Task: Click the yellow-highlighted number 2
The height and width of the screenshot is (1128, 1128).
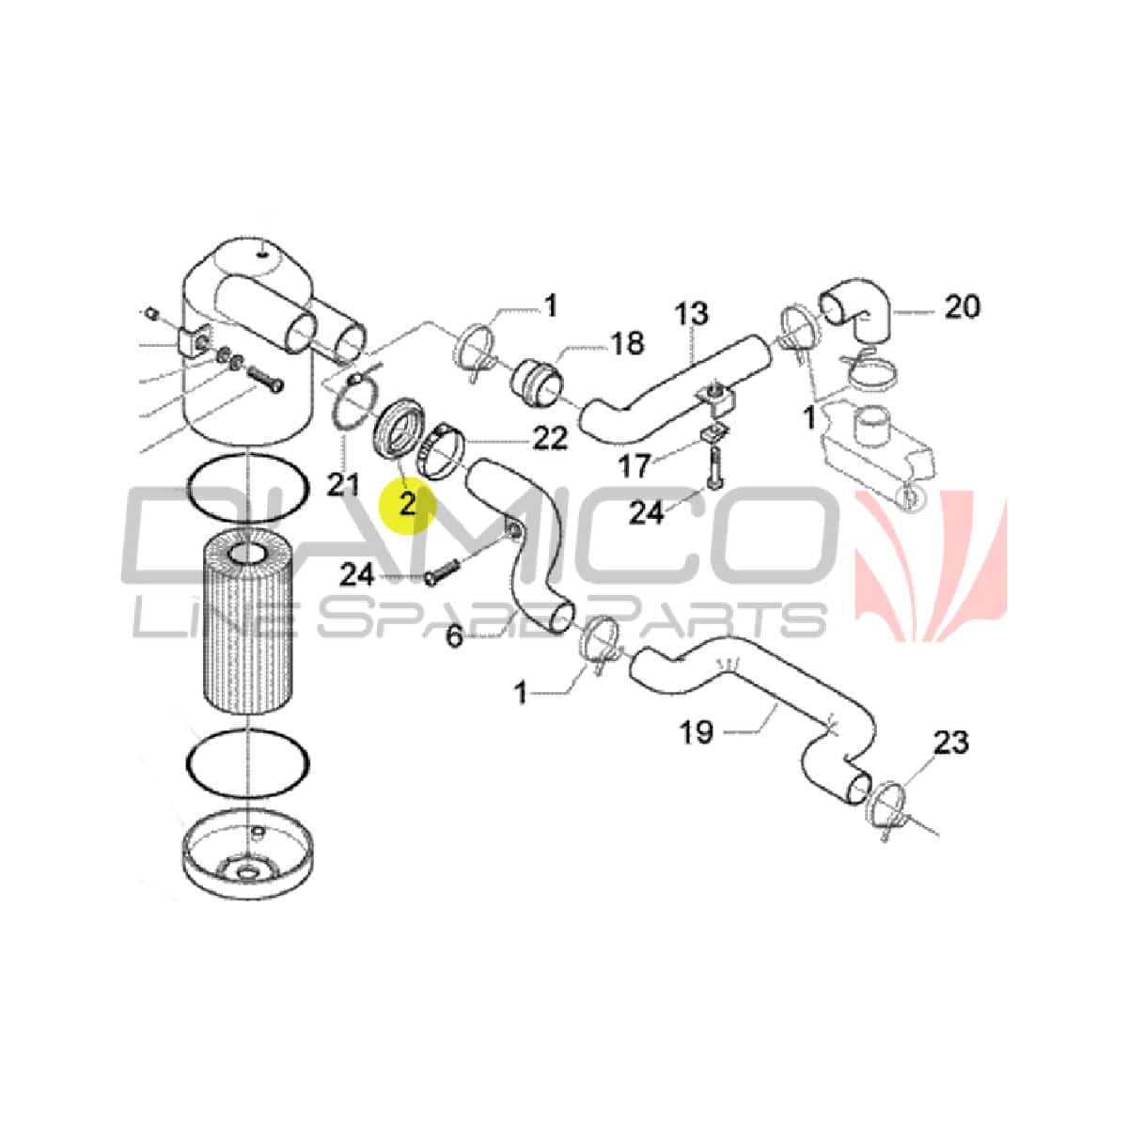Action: click(407, 503)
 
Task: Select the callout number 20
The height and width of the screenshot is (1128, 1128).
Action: click(963, 306)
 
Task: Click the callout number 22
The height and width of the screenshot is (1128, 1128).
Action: click(550, 438)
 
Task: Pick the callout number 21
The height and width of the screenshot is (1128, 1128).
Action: click(343, 485)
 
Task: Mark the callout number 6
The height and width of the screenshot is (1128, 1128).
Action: click(454, 635)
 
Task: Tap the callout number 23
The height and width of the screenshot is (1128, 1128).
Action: click(951, 743)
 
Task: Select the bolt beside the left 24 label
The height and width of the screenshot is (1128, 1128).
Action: click(444, 572)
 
